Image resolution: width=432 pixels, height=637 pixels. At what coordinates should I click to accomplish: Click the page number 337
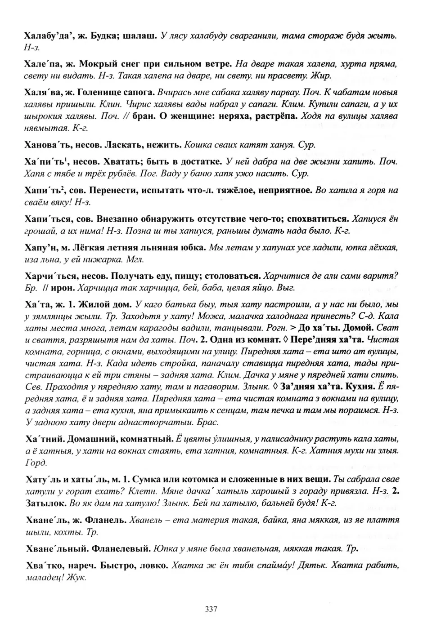pos(211,610)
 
